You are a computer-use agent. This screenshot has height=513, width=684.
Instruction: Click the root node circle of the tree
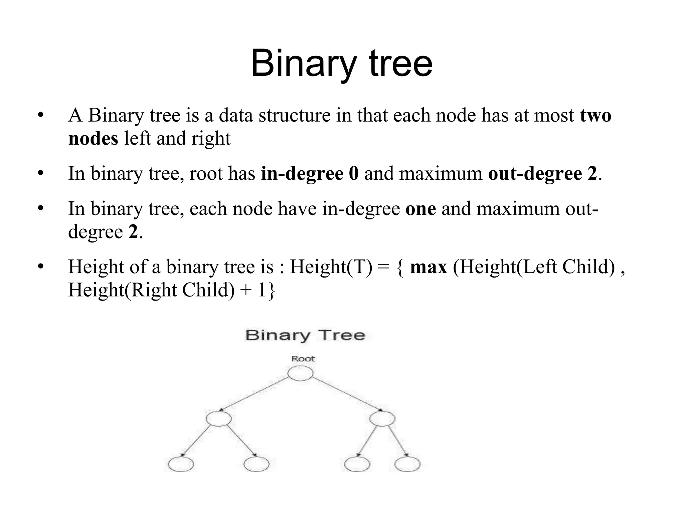click(300, 373)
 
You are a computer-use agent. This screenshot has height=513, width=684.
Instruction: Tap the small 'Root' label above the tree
click(303, 359)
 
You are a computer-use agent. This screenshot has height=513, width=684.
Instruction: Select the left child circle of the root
click(219, 419)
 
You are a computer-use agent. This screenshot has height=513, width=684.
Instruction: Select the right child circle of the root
click(382, 419)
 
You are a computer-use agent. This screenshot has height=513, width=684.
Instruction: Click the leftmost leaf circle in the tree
click(181, 464)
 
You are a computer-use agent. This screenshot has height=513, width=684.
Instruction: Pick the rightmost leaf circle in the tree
click(407, 464)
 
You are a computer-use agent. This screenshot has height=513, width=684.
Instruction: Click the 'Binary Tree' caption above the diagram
click(305, 335)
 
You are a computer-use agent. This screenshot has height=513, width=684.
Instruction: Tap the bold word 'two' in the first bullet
click(595, 115)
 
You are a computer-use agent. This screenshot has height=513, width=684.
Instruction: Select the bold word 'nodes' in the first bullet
click(93, 138)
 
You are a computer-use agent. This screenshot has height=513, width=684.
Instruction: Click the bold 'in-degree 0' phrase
click(310, 173)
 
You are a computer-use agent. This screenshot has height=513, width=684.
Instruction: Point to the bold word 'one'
click(420, 208)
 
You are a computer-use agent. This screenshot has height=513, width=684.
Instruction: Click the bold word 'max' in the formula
click(429, 267)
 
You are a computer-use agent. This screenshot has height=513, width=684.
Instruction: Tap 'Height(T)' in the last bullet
click(331, 267)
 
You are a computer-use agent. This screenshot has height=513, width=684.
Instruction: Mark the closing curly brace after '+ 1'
click(271, 290)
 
